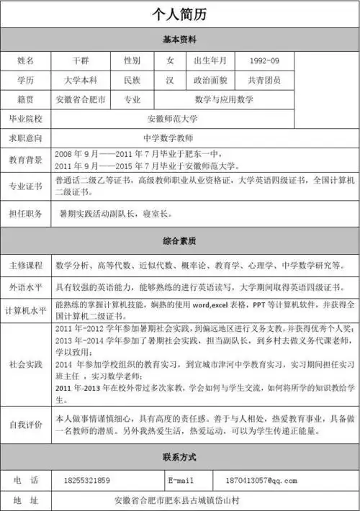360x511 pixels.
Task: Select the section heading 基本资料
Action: tap(180, 38)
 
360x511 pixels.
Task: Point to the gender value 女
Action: tap(171, 60)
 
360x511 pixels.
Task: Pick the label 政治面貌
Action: tap(212, 80)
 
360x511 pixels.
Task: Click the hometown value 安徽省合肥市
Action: tap(81, 99)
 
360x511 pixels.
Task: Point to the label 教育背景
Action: tap(25, 158)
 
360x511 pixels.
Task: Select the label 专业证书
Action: tap(25, 187)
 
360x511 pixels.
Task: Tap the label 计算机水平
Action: tap(25, 311)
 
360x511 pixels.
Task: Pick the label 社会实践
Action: tap(25, 366)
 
